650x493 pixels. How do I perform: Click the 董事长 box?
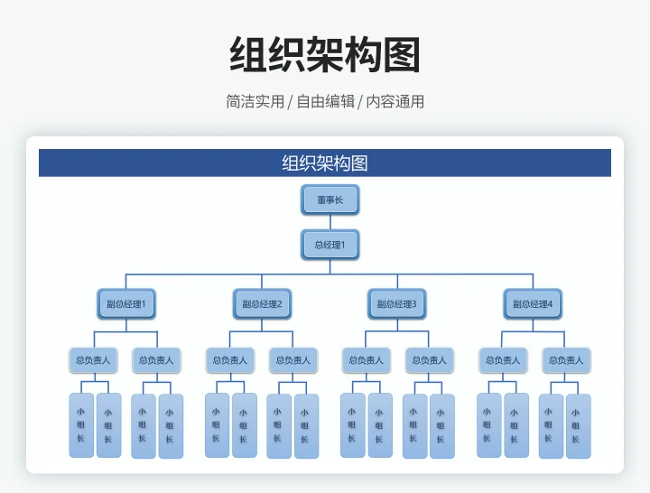tap(330, 200)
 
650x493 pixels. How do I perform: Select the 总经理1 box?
tap(330, 245)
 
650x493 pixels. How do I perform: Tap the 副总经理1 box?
tap(126, 304)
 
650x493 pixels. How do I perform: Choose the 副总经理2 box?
tap(262, 304)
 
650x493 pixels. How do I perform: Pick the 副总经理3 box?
tap(397, 304)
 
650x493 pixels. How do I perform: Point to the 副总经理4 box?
tap(533, 304)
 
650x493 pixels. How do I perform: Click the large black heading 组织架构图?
tap(325, 55)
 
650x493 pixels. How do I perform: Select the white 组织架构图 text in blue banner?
tap(325, 163)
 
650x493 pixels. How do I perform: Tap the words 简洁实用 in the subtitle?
tap(255, 102)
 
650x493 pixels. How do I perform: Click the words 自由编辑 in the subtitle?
tap(325, 102)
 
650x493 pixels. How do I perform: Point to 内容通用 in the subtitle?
tap(395, 102)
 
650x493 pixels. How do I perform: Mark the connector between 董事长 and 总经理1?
tap(330, 222)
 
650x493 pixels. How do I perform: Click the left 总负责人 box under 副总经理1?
tap(93, 360)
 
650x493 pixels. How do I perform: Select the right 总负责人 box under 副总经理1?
tap(156, 360)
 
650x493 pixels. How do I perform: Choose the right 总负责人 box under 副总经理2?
tap(293, 360)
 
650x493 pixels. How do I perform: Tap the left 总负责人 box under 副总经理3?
tap(366, 360)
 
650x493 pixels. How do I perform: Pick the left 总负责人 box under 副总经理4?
tap(503, 360)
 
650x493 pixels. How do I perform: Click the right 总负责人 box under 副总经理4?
tap(566, 360)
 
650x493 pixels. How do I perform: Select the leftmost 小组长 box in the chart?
tap(81, 425)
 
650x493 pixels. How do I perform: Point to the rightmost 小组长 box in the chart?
tap(579, 425)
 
